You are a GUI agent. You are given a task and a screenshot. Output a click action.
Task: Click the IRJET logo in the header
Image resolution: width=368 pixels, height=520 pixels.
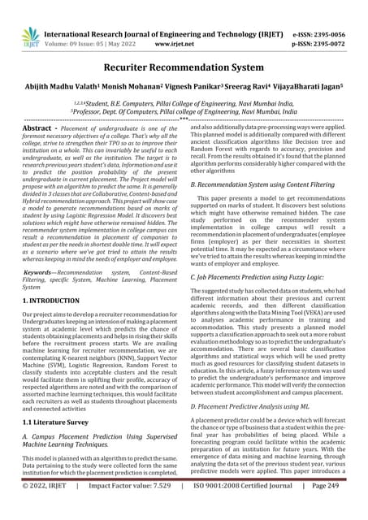pyautogui.click(x=31, y=35)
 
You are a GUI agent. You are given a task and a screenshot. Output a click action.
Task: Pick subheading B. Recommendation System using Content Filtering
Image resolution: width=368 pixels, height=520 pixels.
pyautogui.click(x=264, y=184)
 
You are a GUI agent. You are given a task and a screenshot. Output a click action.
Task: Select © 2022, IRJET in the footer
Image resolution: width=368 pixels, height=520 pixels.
pyautogui.click(x=46, y=508)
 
